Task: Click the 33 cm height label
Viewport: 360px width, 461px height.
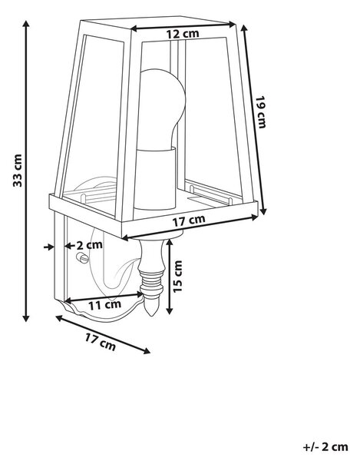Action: click(18, 171)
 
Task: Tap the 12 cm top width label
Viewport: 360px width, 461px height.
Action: click(183, 34)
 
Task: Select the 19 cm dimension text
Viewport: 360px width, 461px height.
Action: click(260, 112)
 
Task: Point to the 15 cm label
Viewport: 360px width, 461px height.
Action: click(177, 277)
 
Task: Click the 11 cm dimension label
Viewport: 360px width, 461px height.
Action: click(105, 305)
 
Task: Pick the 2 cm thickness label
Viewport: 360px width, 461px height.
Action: click(90, 244)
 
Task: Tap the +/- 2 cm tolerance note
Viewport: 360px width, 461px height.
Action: click(325, 447)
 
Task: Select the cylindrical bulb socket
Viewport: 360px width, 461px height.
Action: click(155, 179)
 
